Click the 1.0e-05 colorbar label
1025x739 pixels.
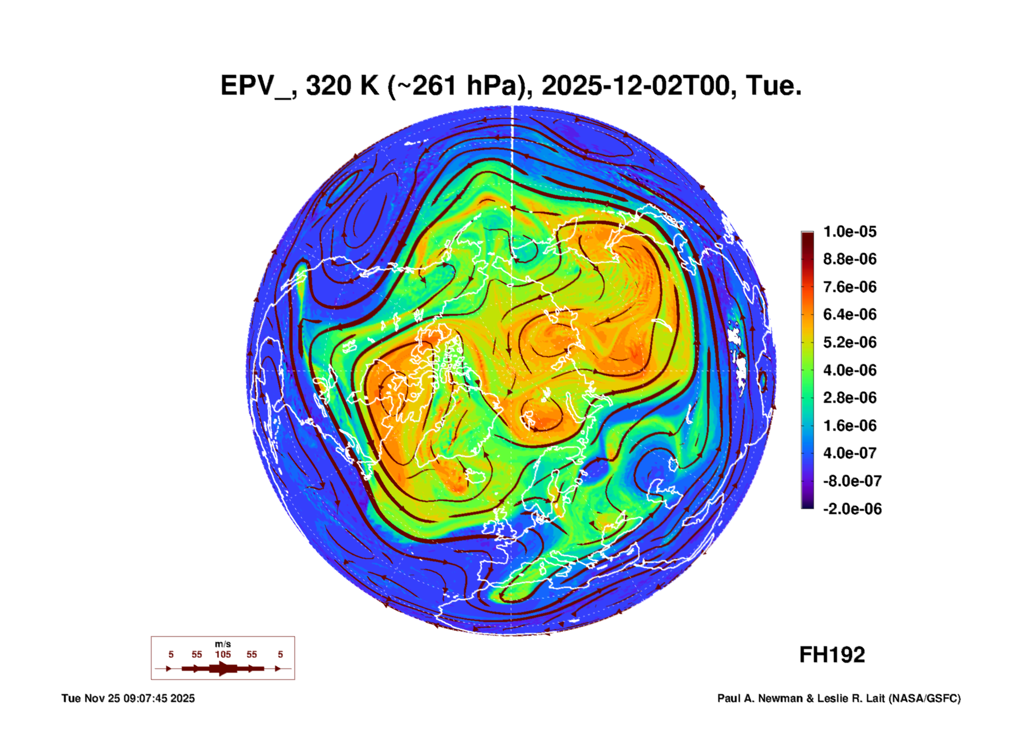click(849, 231)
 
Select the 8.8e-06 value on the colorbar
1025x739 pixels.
click(849, 259)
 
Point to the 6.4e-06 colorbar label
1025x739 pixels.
click(849, 314)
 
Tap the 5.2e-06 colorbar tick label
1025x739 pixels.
click(849, 342)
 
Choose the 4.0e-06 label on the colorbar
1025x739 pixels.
click(849, 370)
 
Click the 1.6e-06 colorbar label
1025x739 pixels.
click(849, 425)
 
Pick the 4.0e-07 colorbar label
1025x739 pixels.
click(849, 453)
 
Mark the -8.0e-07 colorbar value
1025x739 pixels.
click(852, 481)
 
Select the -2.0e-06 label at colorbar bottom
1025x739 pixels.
click(852, 509)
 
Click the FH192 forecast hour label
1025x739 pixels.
click(832, 655)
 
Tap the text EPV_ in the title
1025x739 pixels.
click(256, 86)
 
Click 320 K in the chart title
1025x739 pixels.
click(342, 86)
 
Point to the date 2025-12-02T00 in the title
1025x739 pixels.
click(635, 86)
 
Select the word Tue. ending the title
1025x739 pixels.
click(773, 86)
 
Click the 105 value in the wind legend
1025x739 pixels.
click(223, 654)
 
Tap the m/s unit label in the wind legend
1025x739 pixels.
click(223, 644)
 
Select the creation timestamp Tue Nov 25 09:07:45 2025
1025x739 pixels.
click(128, 698)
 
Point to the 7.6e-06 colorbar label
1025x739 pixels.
click(849, 287)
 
